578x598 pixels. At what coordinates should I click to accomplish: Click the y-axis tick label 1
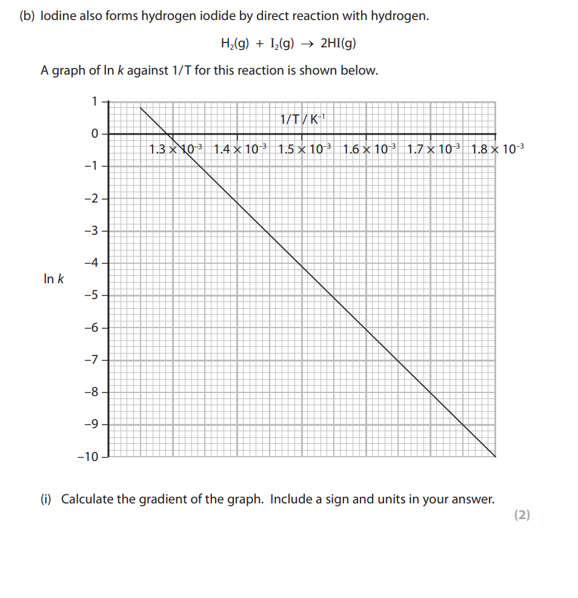pyautogui.click(x=95, y=101)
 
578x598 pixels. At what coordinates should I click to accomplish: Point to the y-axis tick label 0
pyautogui.click(x=95, y=133)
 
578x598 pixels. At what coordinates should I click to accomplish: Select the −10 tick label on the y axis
pyautogui.click(x=87, y=457)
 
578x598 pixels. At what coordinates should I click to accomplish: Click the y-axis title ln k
pyautogui.click(x=54, y=280)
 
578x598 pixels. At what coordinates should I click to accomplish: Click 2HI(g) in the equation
pyautogui.click(x=338, y=44)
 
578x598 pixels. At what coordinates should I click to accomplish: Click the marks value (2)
pyautogui.click(x=522, y=515)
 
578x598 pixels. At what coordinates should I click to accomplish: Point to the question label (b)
pyautogui.click(x=27, y=16)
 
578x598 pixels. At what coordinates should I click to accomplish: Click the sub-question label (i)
pyautogui.click(x=47, y=500)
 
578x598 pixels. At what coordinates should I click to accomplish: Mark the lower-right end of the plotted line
pyautogui.click(x=495, y=456)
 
